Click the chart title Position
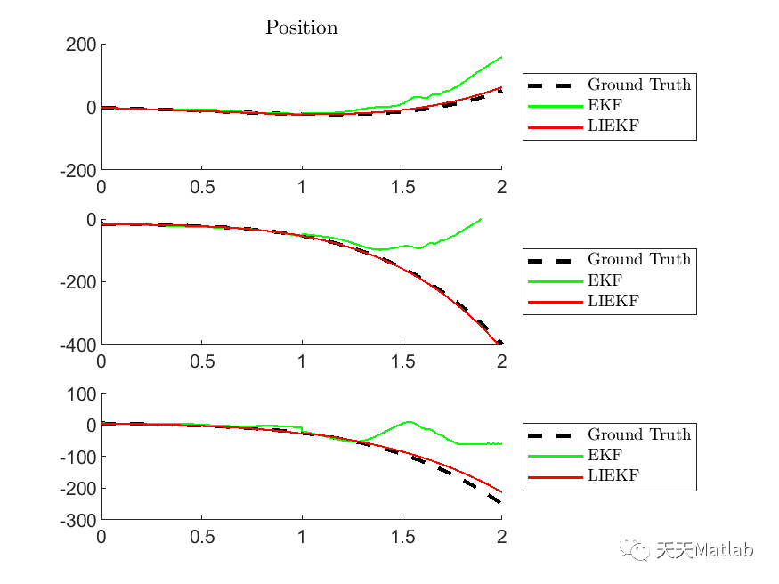(302, 28)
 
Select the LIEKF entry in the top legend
(613, 126)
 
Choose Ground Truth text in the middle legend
(638, 260)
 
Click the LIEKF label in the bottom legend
(613, 476)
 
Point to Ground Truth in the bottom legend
(638, 435)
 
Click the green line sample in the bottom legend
(553, 456)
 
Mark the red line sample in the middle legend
(553, 301)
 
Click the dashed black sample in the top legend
(553, 85)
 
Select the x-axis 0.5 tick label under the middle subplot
(201, 361)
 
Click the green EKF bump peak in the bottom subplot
(408, 422)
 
